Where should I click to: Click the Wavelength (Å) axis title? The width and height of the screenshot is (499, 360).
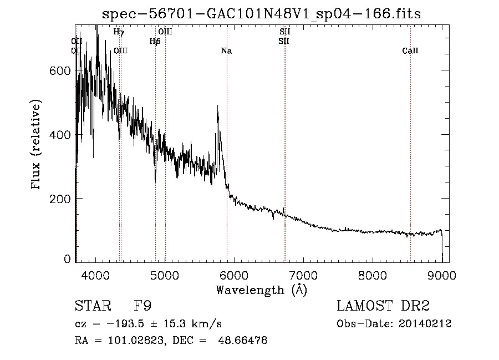coord(261,290)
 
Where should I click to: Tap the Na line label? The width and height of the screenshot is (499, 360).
coord(226,51)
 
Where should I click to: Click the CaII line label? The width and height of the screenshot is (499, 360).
coord(410,51)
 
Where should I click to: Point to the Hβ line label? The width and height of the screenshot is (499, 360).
coord(155,41)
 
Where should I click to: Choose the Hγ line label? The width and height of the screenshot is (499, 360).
coord(118,32)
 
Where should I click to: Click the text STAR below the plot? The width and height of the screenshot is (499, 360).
coord(93,306)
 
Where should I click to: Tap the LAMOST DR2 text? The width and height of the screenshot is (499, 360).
coord(383,306)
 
